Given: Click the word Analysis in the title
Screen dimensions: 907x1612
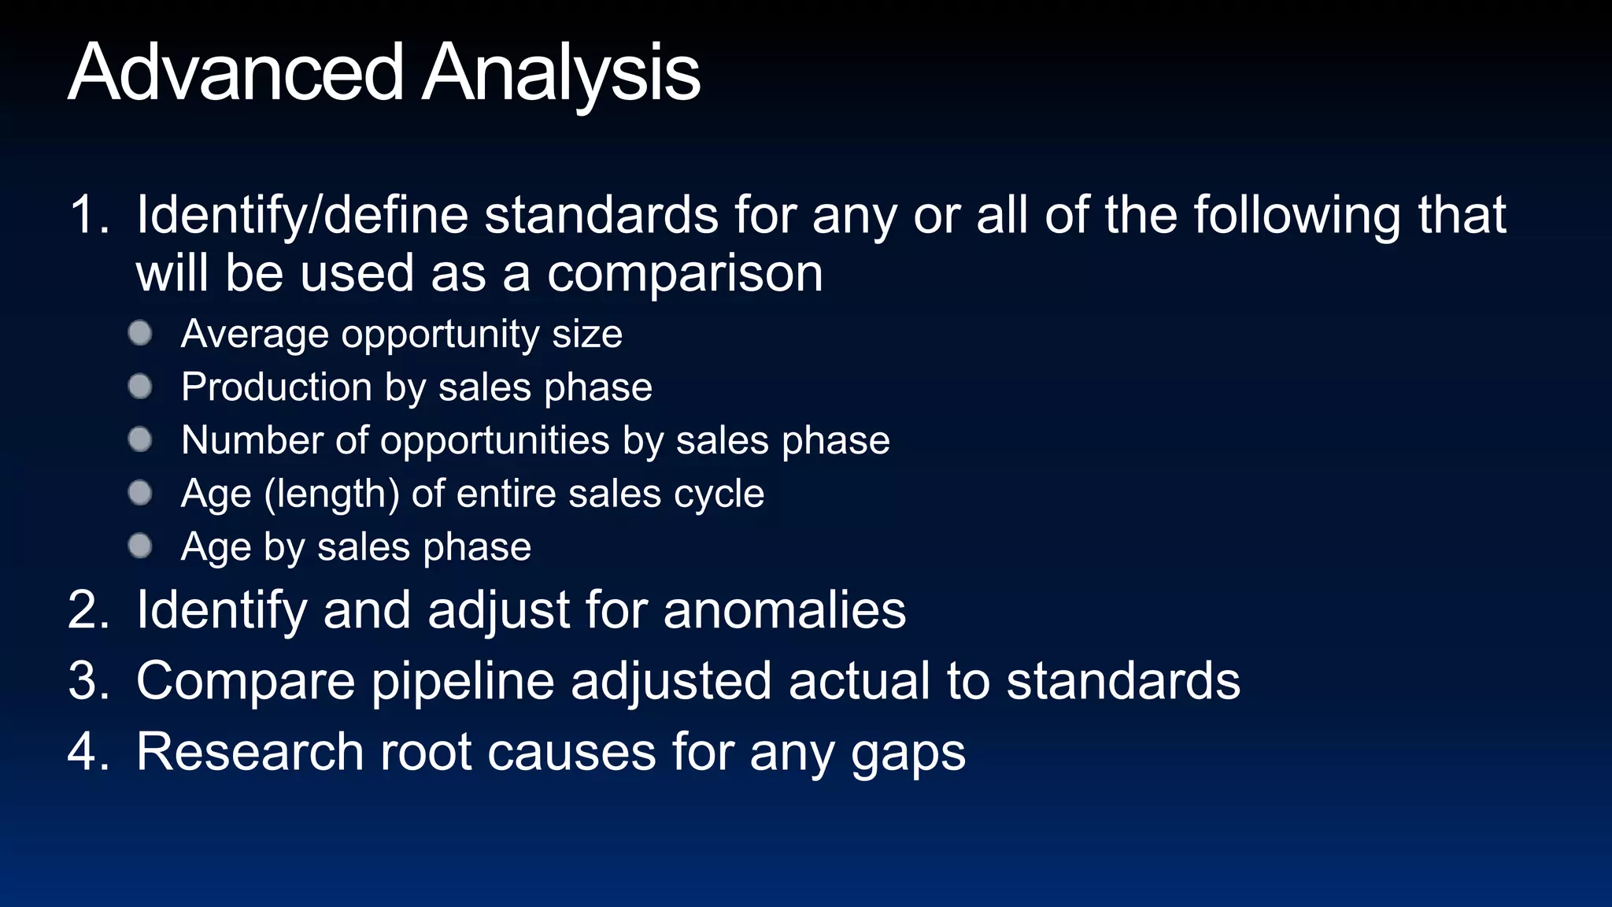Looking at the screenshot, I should coord(560,72).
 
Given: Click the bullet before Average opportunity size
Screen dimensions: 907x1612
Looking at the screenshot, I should coord(140,333).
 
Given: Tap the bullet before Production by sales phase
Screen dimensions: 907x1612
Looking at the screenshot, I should coord(140,387).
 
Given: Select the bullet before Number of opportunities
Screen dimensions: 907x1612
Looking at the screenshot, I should coord(140,439).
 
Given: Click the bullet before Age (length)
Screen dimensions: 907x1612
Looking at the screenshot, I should coord(140,493).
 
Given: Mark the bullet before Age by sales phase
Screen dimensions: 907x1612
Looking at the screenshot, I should coord(140,546).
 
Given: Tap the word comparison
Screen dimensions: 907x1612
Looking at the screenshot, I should coord(685,274).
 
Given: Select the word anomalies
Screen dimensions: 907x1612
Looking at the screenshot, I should coord(785,610).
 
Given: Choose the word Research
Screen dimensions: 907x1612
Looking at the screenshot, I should coord(250,752).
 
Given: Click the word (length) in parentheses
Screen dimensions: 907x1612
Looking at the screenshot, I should coord(331,494).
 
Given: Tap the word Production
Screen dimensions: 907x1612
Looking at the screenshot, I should coord(276,387).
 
